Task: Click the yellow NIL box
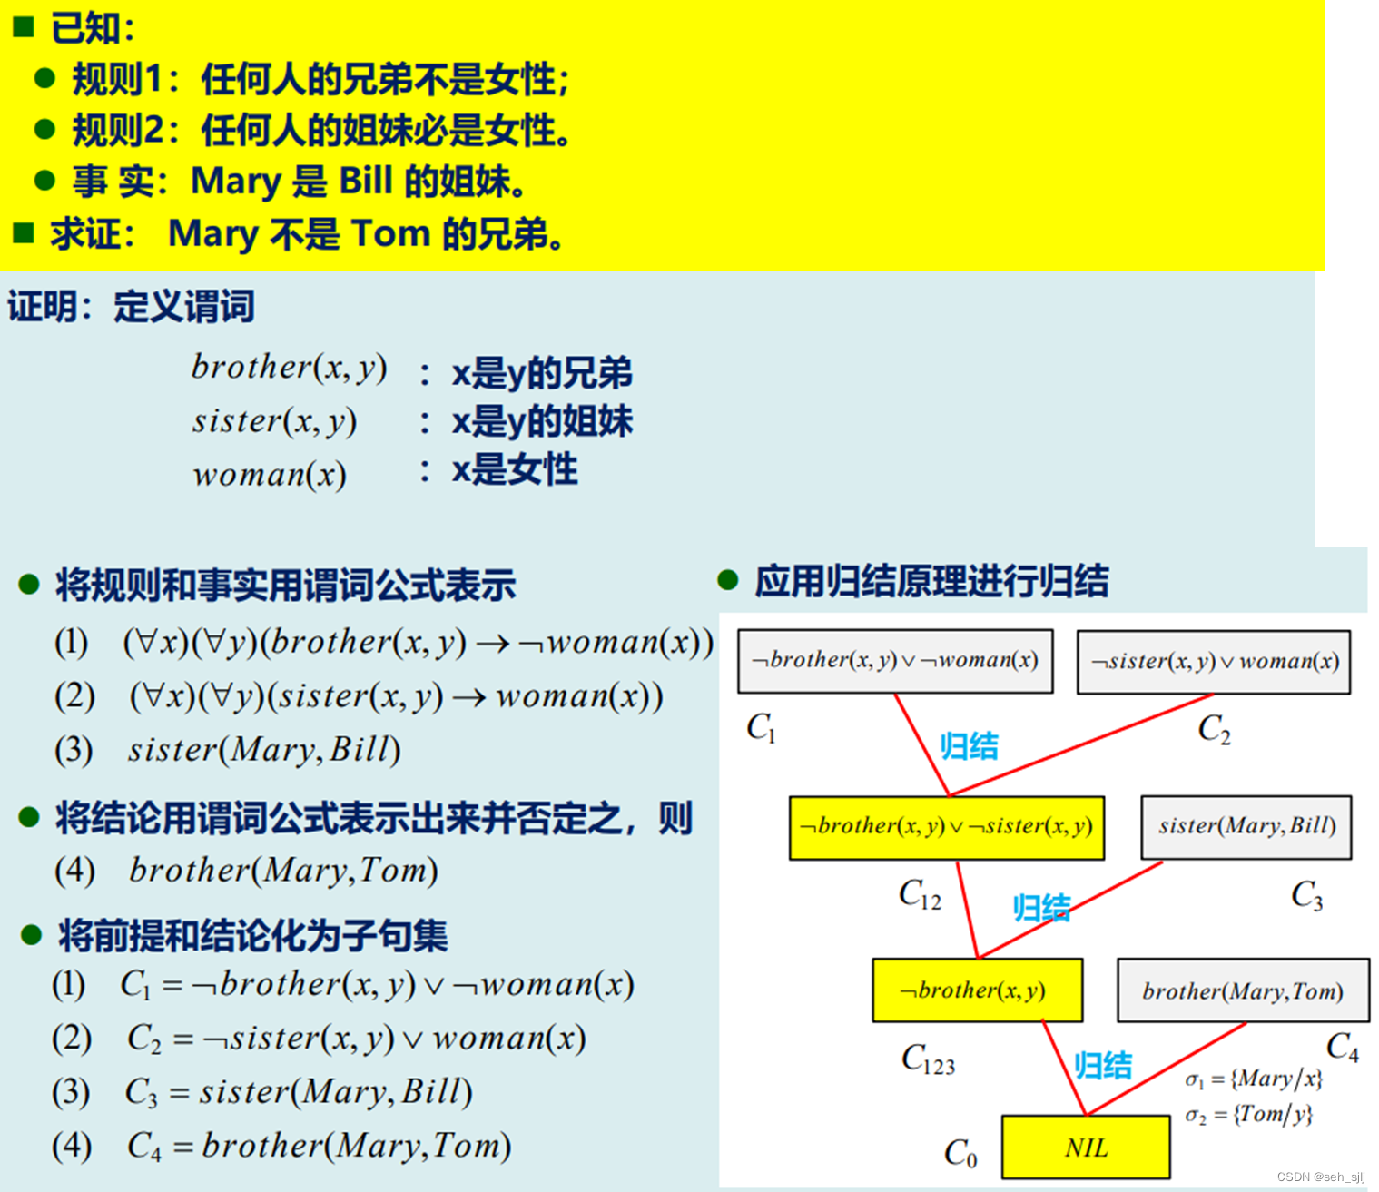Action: [1085, 1148]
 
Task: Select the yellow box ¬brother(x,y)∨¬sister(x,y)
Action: [947, 827]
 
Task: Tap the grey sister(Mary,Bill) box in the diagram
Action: [1246, 827]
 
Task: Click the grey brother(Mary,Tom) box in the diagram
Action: [1242, 990]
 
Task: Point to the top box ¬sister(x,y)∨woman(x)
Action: [1213, 662]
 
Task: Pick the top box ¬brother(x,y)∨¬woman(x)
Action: [895, 661]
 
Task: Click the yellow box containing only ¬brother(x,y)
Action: [977, 990]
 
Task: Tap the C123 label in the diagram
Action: [928, 1059]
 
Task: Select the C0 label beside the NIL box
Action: [960, 1153]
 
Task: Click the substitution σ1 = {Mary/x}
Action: [1254, 1079]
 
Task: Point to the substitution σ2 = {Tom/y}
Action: [1249, 1114]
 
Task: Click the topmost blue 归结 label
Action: [969, 746]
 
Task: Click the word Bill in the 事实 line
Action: [366, 181]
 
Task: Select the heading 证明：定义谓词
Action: [132, 307]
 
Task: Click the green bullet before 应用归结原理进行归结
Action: [727, 580]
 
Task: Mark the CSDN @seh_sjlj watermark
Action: [1321, 1177]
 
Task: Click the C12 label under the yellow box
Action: [920, 894]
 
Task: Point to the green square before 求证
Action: [24, 233]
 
